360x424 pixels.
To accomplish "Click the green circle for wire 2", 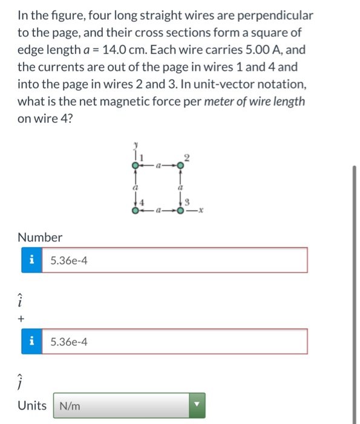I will (180, 165).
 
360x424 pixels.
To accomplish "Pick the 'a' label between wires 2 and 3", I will (181, 189).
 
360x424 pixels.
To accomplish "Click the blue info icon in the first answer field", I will (31, 260).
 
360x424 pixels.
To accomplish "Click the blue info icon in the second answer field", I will (31, 342).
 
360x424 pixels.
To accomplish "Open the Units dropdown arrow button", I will (196, 406).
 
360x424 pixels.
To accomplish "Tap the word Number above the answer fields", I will (40, 237).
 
